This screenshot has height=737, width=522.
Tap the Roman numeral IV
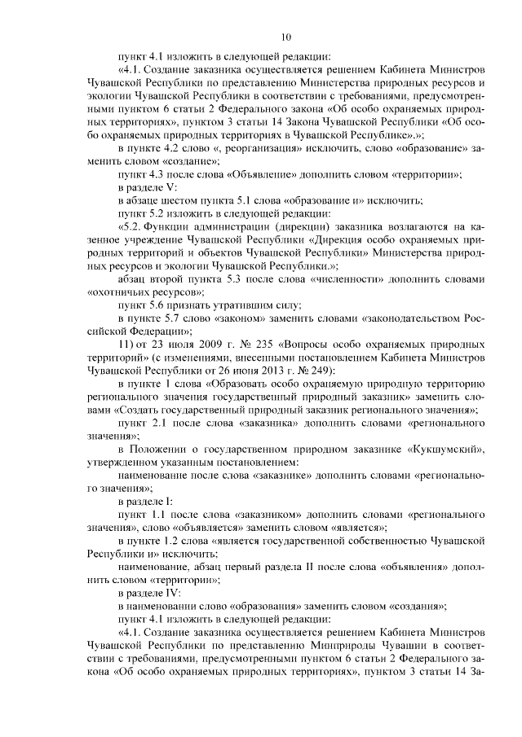165,591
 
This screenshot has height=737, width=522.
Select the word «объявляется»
190,528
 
